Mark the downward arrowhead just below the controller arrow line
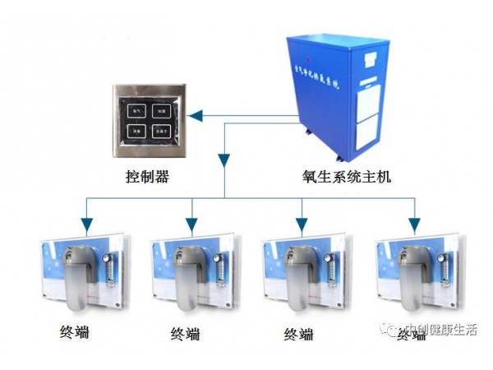point(223,159)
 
